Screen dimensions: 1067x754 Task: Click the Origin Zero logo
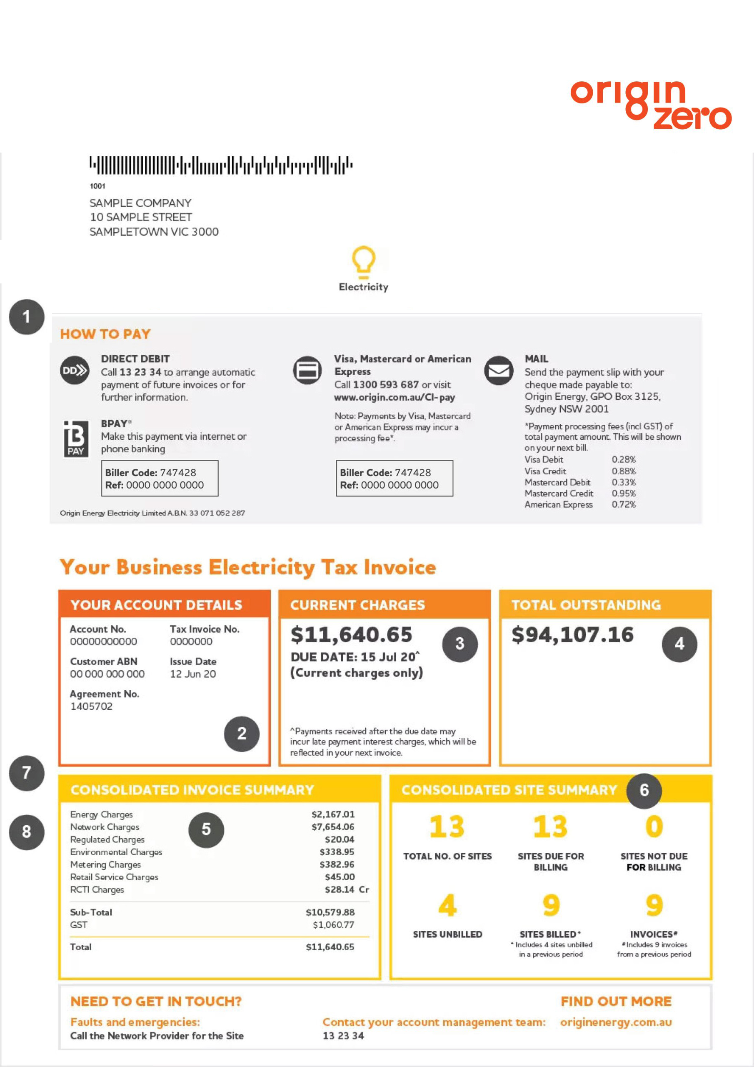(x=650, y=105)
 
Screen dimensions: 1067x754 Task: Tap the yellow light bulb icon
(x=363, y=260)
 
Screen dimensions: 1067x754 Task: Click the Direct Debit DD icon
(x=75, y=371)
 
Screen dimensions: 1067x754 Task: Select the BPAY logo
(x=76, y=439)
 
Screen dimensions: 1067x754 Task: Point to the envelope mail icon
(x=499, y=371)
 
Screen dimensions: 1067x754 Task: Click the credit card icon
(x=307, y=371)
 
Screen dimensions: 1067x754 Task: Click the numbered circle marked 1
(x=27, y=317)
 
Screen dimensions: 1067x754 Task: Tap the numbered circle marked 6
(x=644, y=790)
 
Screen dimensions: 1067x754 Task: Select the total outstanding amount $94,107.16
(x=572, y=635)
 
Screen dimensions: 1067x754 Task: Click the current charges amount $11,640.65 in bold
(x=351, y=635)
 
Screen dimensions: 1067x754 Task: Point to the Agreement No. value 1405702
(x=91, y=706)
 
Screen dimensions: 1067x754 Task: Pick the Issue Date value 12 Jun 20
(x=193, y=674)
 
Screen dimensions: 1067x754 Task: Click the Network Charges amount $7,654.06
(x=332, y=827)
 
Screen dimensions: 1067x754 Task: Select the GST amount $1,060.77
(x=333, y=925)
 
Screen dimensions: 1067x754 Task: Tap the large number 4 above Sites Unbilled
(x=447, y=905)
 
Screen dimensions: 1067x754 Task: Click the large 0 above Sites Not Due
(x=654, y=827)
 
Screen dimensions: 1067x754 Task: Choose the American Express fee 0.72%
(x=624, y=504)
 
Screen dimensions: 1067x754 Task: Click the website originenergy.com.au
(x=616, y=1022)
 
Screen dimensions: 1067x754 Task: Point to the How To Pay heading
(x=105, y=334)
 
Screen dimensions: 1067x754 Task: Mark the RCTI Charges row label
(x=97, y=889)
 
